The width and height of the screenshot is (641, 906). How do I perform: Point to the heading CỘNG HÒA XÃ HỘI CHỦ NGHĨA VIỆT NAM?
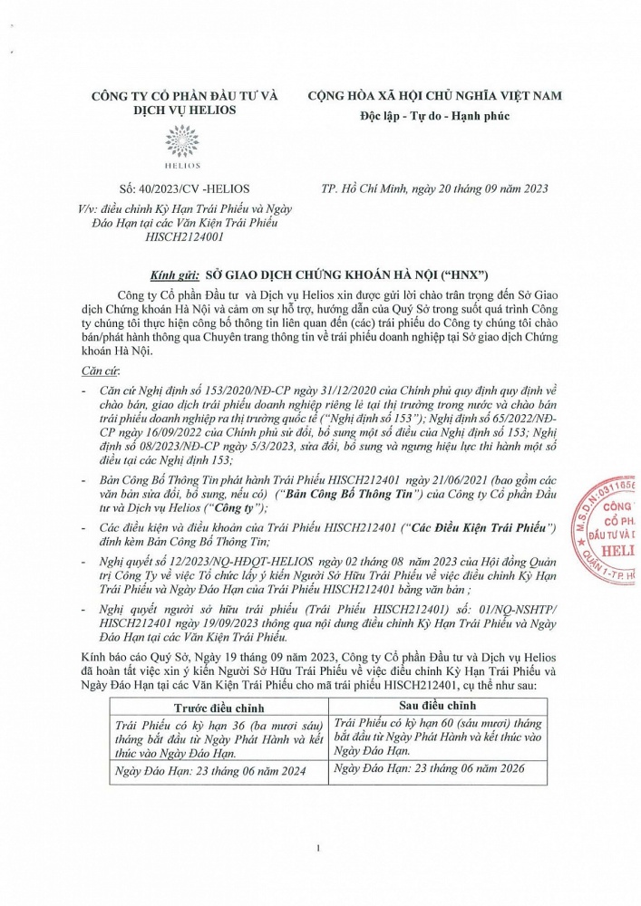(434, 95)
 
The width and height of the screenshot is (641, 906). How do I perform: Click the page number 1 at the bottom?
(319, 848)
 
